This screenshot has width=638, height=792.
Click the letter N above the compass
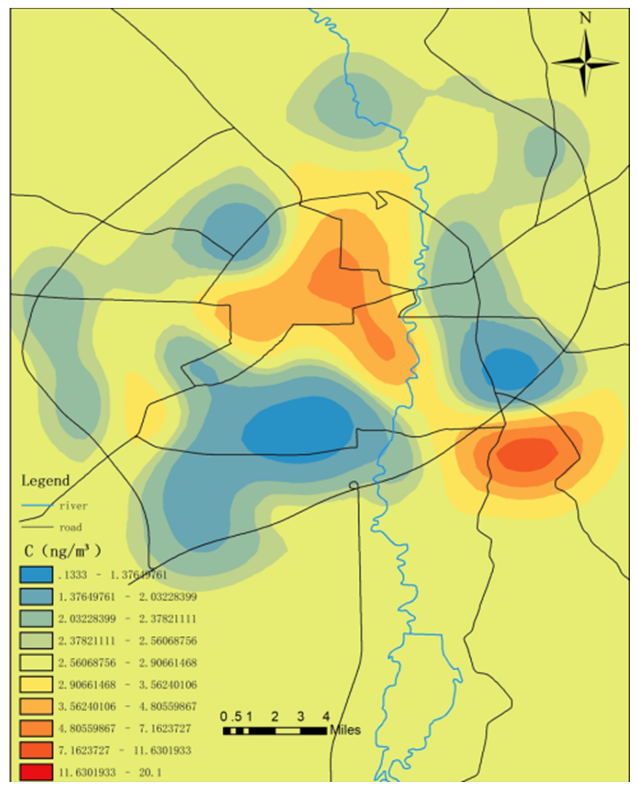pyautogui.click(x=585, y=18)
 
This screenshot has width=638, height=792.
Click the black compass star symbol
pyautogui.click(x=585, y=63)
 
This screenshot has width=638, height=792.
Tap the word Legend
pyautogui.click(x=45, y=481)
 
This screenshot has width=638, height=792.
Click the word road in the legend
pyautogui.click(x=71, y=527)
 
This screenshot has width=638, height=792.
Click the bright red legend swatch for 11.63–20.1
pyautogui.click(x=36, y=772)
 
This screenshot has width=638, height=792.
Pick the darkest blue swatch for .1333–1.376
pyautogui.click(x=36, y=575)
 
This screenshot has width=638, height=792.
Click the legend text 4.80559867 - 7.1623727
pyautogui.click(x=124, y=728)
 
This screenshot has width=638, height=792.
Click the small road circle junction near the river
pyautogui.click(x=353, y=485)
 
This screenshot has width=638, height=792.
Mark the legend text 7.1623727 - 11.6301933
pyautogui.click(x=124, y=750)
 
